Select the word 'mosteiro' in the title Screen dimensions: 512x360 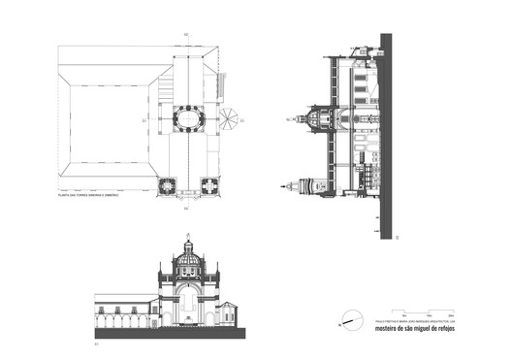(x=384, y=327)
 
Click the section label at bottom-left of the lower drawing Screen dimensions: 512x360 (x=96, y=341)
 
